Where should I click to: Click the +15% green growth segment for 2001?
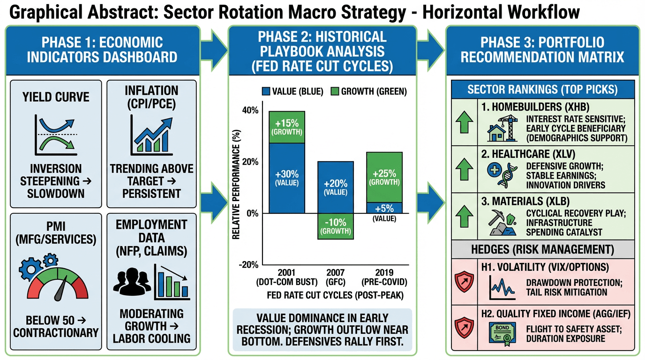(x=286, y=127)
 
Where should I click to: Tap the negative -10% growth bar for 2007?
(x=336, y=226)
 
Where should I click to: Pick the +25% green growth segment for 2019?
(x=384, y=177)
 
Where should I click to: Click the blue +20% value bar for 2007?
(x=336, y=187)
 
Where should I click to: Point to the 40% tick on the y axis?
(x=250, y=111)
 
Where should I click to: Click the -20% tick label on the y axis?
(x=249, y=265)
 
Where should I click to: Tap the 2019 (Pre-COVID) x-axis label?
(x=384, y=277)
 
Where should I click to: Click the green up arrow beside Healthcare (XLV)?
(x=464, y=169)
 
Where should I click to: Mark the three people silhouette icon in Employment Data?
(x=131, y=281)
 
